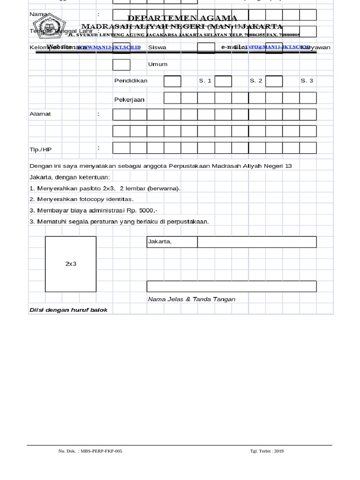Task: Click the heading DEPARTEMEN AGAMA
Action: tap(182, 18)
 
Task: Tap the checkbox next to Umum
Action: tap(121, 65)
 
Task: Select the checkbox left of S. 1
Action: tap(172, 81)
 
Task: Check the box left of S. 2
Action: tap(223, 81)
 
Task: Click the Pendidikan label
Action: tap(131, 81)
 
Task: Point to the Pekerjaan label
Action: tap(129, 100)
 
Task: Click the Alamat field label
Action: tap(40, 114)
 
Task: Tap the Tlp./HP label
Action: tap(40, 150)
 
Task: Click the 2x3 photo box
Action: tap(71, 264)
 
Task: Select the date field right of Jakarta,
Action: tap(256, 242)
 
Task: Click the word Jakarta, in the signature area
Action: tap(160, 242)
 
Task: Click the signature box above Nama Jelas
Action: tap(231, 286)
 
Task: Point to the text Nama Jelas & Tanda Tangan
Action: tap(191, 299)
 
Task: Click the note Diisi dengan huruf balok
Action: tap(68, 310)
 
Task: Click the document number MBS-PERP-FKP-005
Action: tap(101, 451)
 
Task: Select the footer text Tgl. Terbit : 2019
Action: tap(267, 451)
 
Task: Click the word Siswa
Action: tap(157, 47)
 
